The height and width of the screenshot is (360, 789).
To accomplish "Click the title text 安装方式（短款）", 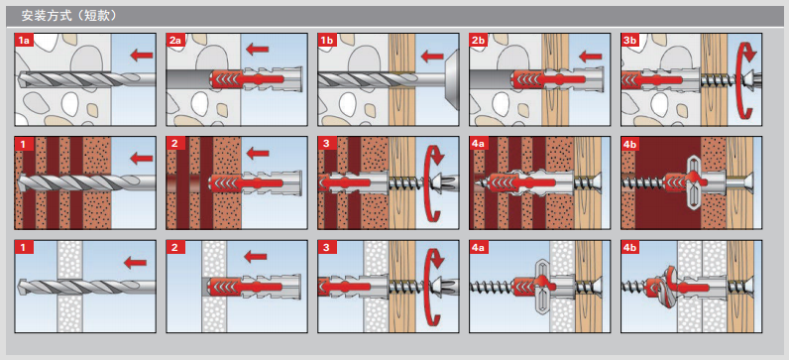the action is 69,16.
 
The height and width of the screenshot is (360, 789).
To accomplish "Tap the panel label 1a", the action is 24,41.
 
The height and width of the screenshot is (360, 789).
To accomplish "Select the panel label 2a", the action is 175,41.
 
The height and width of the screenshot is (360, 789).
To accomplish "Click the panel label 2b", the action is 479,41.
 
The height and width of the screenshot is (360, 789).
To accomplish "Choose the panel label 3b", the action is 630,41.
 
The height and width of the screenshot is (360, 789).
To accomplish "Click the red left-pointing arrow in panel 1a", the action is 142,55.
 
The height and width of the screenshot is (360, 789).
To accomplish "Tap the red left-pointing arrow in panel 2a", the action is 258,49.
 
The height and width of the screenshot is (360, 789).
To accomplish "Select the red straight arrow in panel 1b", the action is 433,56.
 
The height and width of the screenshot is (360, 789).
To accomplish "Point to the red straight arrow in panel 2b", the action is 590,56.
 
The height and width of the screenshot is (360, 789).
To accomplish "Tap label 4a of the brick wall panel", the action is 479,144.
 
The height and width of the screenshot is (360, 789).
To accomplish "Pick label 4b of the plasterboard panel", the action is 630,247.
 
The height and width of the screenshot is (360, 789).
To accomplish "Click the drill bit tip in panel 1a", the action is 18,79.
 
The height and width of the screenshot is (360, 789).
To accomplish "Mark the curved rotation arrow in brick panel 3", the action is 431,183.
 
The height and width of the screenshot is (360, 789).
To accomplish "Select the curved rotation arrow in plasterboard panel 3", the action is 431,287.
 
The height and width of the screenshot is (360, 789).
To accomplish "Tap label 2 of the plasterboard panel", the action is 175,247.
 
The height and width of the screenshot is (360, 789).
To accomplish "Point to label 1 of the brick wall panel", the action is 23,144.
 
